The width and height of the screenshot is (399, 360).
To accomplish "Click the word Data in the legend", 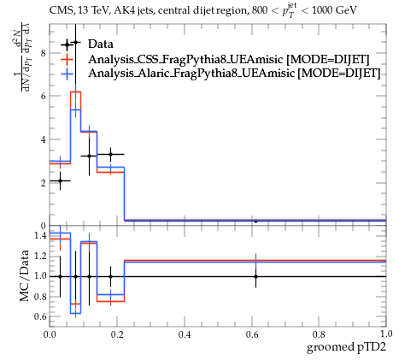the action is tap(101, 44).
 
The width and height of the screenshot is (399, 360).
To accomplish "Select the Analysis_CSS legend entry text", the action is tap(229, 59).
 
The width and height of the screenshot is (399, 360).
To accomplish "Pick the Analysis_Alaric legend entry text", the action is tap(234, 74).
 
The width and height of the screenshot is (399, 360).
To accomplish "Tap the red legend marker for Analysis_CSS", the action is tap(67, 59).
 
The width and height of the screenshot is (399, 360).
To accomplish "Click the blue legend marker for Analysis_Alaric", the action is tap(67, 74).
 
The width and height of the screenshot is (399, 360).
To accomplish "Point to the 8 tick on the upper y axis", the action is tap(44, 53).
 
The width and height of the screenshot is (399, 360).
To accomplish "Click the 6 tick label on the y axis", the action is tap(44, 96).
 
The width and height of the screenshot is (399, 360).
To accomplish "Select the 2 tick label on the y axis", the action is tap(44, 183).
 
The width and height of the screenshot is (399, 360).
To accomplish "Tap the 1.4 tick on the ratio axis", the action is tap(40, 236).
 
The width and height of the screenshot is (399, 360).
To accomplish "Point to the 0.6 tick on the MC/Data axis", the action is tap(40, 316).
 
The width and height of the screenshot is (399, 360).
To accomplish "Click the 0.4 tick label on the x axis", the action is tap(185, 334).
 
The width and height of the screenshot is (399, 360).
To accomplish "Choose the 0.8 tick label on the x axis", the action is tap(319, 334).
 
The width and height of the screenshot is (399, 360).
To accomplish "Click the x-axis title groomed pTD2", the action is tap(346, 347).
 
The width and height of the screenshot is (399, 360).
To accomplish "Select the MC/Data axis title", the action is tap(25, 276).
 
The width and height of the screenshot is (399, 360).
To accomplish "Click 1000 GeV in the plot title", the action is tap(334, 10).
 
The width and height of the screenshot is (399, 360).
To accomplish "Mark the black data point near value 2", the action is tap(60, 180).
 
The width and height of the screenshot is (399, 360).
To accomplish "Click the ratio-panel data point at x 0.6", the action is tap(255, 276).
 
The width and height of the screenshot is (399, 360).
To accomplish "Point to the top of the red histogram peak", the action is tap(75, 91).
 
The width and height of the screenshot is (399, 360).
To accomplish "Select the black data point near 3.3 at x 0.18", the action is tap(110, 154).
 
